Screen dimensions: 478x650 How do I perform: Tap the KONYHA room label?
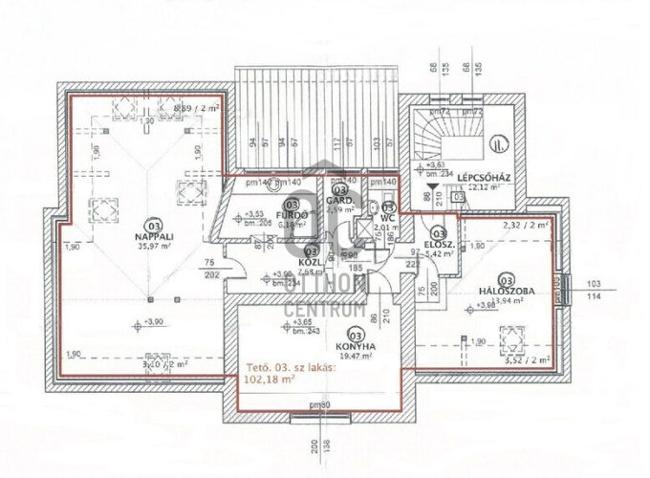[x=354, y=347]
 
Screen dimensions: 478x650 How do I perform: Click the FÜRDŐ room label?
[x=293, y=215]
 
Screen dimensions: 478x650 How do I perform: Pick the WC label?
[x=388, y=217]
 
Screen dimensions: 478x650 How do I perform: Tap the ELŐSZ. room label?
[x=439, y=244]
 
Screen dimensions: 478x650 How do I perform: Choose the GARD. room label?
[x=340, y=202]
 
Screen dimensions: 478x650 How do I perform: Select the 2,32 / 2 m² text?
[x=526, y=225]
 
